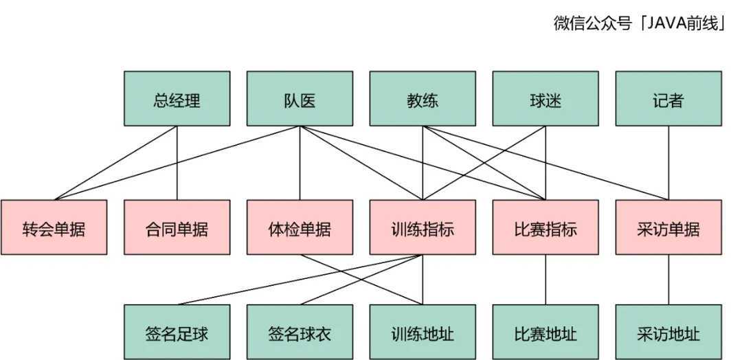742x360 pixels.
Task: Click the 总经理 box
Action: [177, 99]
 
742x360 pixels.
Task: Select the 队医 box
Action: [300, 99]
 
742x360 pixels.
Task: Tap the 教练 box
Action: [423, 99]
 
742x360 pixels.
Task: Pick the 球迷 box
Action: [546, 99]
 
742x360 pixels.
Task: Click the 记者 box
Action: [668, 99]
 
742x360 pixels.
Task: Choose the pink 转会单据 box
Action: [54, 227]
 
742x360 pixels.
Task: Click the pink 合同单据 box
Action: [177, 227]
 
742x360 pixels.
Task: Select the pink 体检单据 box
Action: [300, 227]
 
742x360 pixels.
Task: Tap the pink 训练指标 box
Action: [423, 227]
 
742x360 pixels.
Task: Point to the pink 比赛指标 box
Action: [546, 227]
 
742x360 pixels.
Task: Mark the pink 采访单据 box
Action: [668, 227]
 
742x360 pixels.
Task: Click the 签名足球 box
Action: [177, 333]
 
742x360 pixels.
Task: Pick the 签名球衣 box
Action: [300, 333]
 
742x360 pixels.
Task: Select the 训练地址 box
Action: [423, 333]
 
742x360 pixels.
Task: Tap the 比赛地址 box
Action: [546, 333]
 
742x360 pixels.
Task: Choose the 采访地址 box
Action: [668, 333]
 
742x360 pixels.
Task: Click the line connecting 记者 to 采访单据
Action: [668, 164]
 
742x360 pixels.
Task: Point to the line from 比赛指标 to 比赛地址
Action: [546, 280]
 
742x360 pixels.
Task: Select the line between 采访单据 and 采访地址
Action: [668, 280]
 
